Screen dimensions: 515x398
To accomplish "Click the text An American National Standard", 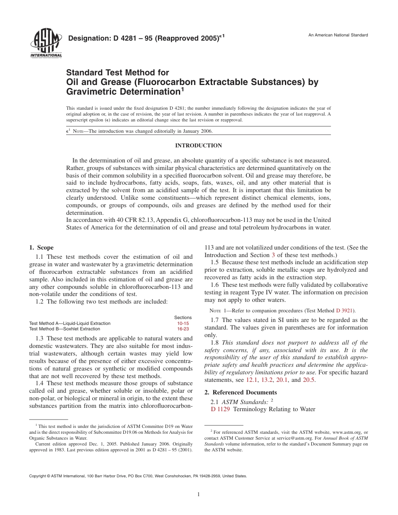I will [x=338, y=35].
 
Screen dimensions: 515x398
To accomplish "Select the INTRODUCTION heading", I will [x=199, y=146].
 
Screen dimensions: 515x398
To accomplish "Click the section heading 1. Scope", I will [x=41, y=248].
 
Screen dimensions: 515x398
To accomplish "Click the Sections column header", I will [x=183, y=317].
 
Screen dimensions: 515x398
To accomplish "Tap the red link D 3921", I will [x=345, y=311].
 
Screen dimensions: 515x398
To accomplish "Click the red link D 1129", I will [x=221, y=409].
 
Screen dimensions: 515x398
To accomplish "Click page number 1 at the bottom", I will [x=199, y=494].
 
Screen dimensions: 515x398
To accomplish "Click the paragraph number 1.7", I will [x=215, y=320].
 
